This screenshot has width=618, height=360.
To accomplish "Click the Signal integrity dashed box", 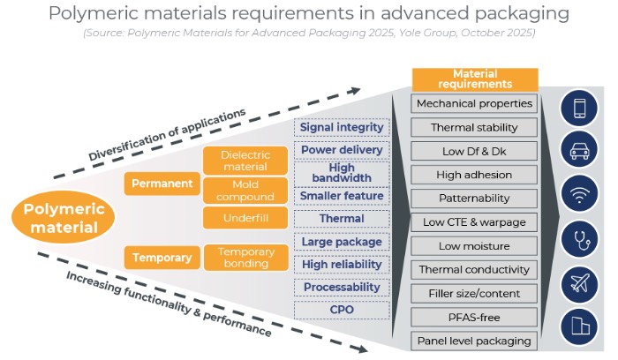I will (x=342, y=127).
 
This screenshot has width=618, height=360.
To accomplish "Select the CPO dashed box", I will (x=342, y=310).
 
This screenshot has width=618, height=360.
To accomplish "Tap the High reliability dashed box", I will (x=342, y=264).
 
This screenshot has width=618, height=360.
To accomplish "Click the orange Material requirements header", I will (x=475, y=79).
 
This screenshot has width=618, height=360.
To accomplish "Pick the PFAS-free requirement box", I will (x=475, y=316).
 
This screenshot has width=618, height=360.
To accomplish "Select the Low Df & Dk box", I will (x=475, y=151).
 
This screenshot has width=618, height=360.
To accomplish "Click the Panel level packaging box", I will (x=475, y=340).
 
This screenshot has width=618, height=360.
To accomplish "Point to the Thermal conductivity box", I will (x=475, y=269).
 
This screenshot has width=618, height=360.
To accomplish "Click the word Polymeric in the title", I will (x=98, y=14).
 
